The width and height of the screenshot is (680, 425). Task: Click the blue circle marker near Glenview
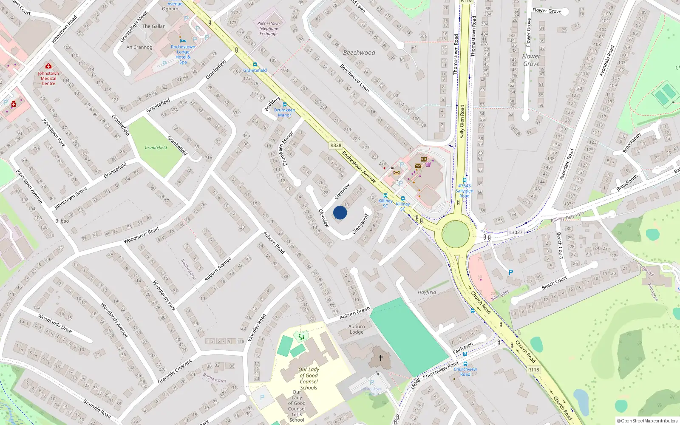(340, 212)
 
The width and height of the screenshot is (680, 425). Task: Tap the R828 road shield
(336, 145)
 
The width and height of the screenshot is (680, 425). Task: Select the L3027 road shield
(516, 232)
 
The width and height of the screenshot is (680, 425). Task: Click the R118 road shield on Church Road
(533, 370)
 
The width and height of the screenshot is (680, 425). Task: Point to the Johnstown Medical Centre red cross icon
(48, 66)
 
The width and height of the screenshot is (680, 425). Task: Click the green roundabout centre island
(455, 234)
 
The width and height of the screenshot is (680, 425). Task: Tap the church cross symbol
(381, 358)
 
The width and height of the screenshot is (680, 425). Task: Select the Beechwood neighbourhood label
(359, 53)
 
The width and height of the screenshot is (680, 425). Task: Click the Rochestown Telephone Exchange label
(269, 28)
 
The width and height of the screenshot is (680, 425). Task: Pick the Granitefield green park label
(156, 147)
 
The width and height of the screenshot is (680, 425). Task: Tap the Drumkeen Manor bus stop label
(284, 112)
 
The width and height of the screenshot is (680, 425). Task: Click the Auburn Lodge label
(357, 329)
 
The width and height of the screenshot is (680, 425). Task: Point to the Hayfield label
(427, 292)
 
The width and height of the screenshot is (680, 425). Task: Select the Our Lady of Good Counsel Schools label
(309, 378)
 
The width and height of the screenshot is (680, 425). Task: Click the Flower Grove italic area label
(531, 60)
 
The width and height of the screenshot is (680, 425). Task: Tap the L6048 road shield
(416, 383)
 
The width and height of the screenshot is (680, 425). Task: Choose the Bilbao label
(62, 221)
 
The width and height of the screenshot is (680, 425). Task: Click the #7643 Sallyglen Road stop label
(464, 191)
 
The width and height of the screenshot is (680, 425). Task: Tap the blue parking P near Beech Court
(510, 272)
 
